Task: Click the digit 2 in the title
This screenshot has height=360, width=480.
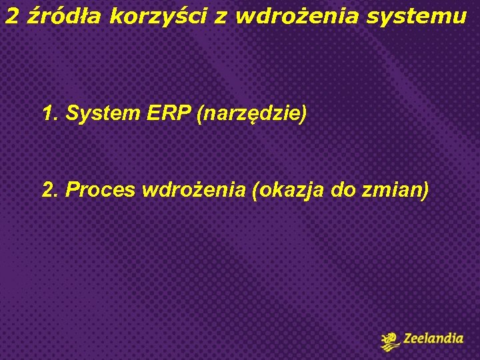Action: [11, 17]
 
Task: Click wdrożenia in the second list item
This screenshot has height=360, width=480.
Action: [193, 190]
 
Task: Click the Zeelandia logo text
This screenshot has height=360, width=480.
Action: [433, 339]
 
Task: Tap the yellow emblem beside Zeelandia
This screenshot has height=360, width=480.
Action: [390, 341]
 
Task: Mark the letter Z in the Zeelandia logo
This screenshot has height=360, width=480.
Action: [408, 339]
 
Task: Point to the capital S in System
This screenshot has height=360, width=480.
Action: [73, 114]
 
